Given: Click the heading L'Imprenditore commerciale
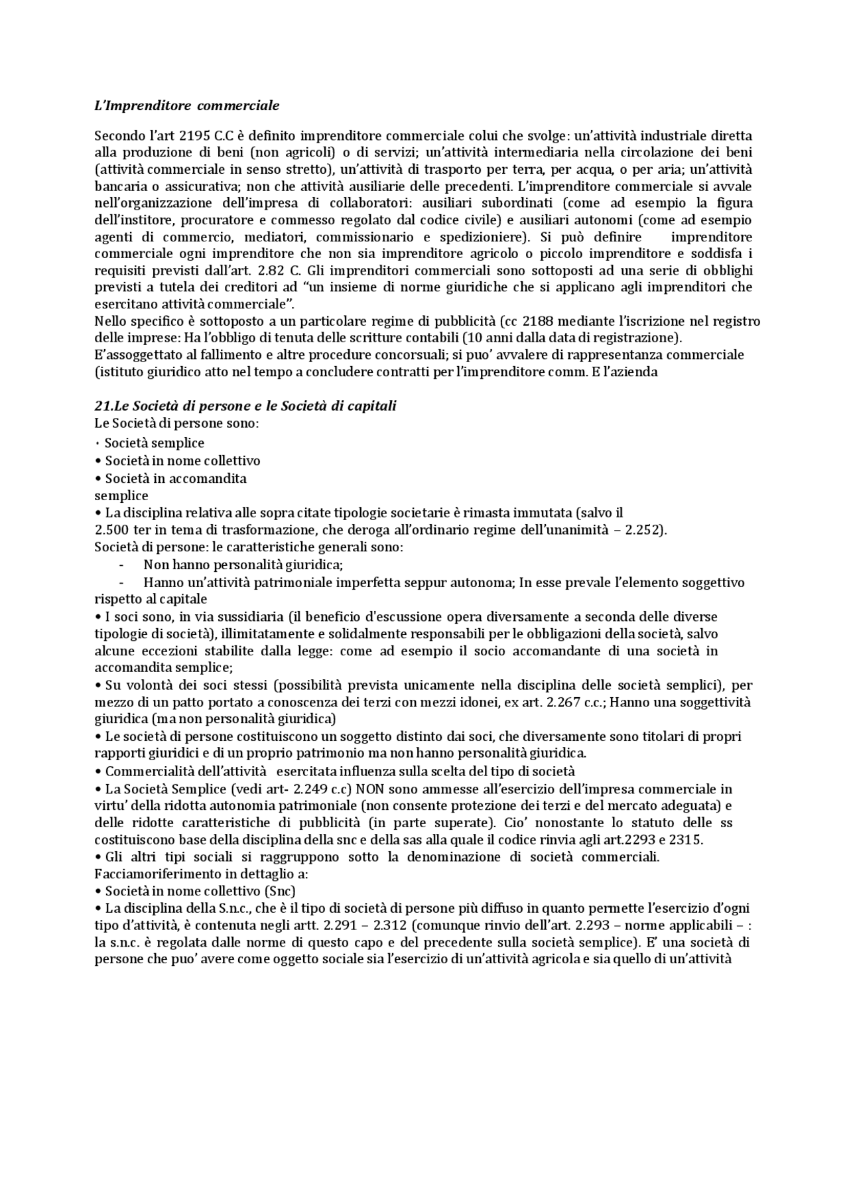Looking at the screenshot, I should tap(186, 105).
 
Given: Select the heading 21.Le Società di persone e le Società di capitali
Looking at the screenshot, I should tap(245, 405).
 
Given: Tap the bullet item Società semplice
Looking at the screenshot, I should tap(154, 443).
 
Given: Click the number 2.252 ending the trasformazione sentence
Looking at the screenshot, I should tap(644, 530).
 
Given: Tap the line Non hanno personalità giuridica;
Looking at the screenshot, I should tap(243, 565).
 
